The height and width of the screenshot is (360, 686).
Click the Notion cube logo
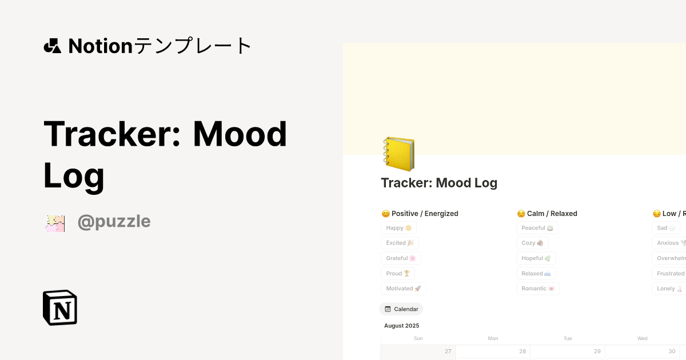pos(60,307)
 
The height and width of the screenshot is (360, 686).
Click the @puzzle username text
pos(114,221)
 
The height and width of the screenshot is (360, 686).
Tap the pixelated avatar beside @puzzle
pos(55,223)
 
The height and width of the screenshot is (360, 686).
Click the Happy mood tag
pos(398,228)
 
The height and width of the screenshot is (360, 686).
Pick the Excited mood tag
pos(400,243)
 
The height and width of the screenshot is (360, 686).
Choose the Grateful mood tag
pos(401,258)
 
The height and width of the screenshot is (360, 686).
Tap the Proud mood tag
pos(398,274)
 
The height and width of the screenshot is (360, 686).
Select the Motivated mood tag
pos(404,289)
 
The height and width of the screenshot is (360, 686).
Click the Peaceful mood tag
pos(537,228)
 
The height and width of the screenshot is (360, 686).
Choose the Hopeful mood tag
pos(536,258)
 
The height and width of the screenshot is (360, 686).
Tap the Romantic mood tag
pos(538,289)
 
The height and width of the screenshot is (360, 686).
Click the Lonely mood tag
pos(669,289)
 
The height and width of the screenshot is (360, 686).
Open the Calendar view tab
pos(401,309)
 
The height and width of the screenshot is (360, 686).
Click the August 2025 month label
pos(401,326)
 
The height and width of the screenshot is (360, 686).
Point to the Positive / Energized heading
pos(420,214)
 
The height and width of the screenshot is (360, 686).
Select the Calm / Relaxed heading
pos(547,214)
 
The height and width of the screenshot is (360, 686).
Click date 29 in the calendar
pos(597,351)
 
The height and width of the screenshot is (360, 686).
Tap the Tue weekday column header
pos(568,338)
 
